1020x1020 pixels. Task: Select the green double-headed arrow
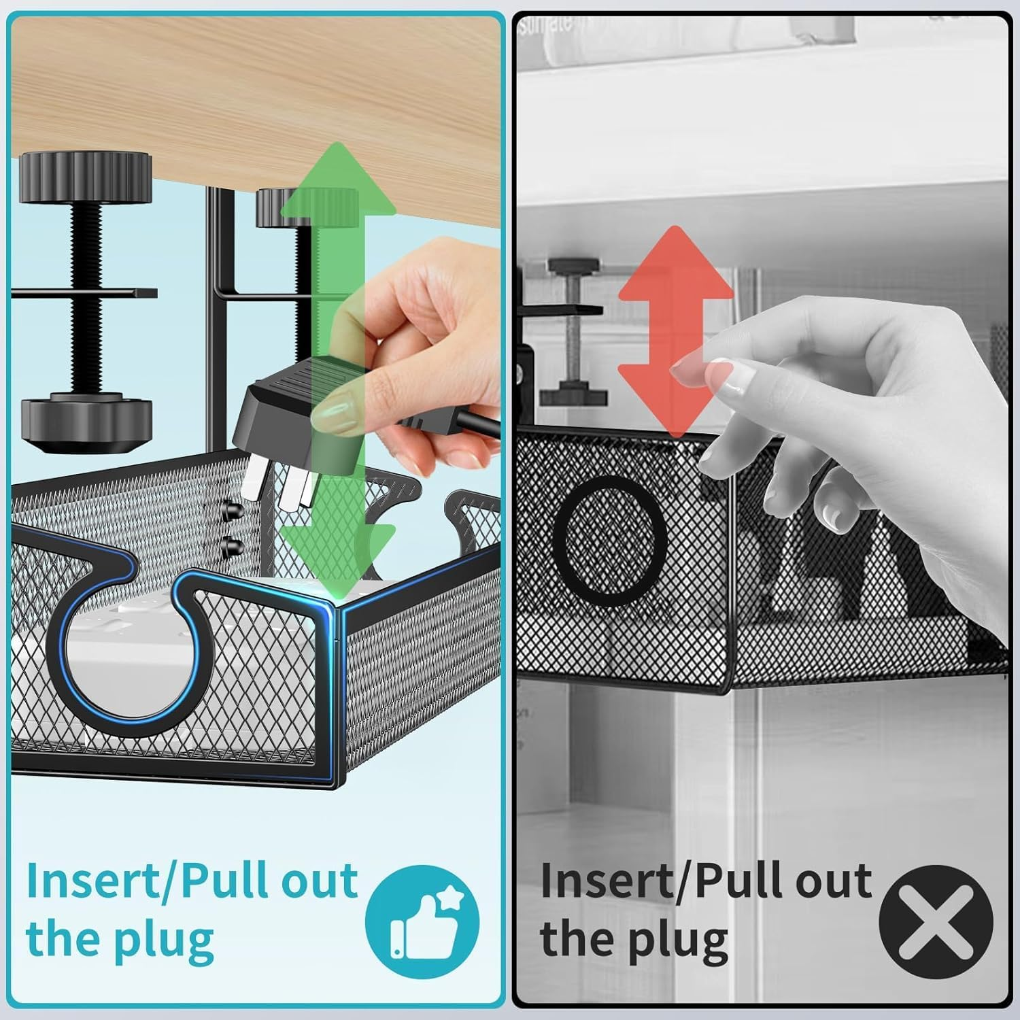pyautogui.click(x=338, y=367)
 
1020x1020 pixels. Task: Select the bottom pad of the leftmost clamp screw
pyautogui.click(x=85, y=422)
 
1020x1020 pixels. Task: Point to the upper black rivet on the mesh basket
pyautogui.click(x=232, y=509)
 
